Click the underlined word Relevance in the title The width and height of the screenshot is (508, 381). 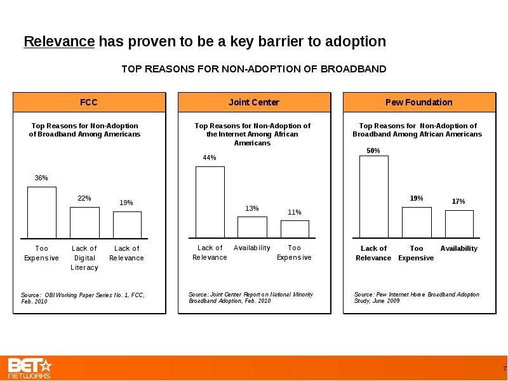pyautogui.click(x=59, y=41)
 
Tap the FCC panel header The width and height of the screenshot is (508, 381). pyautogui.click(x=90, y=102)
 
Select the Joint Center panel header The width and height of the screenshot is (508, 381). pyautogui.click(x=255, y=102)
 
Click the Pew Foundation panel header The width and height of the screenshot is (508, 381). pyautogui.click(x=419, y=102)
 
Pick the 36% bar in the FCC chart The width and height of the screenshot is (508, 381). pyautogui.click(x=42, y=213)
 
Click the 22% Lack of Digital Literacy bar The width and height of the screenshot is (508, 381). pyautogui.click(x=84, y=223)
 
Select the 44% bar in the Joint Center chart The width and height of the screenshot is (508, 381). pyautogui.click(x=210, y=202)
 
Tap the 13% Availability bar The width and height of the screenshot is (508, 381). pyautogui.click(x=252, y=227)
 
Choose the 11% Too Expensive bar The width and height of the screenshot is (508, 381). pyautogui.click(x=295, y=229)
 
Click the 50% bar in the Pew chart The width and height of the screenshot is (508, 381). pyautogui.click(x=374, y=197)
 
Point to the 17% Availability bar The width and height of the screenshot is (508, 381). pyautogui.click(x=459, y=224)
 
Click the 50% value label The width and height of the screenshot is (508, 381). pyautogui.click(x=373, y=150)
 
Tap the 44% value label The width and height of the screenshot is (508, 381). pyautogui.click(x=210, y=157)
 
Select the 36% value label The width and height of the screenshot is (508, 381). pyautogui.click(x=41, y=178)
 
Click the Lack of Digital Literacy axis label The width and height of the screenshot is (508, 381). pyautogui.click(x=84, y=258)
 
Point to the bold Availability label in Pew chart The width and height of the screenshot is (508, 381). pyautogui.click(x=458, y=248)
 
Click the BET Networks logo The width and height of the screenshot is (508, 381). pyautogui.click(x=30, y=368)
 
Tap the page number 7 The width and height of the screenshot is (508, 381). pyautogui.click(x=505, y=369)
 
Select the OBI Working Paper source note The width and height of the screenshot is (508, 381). pyautogui.click(x=83, y=298)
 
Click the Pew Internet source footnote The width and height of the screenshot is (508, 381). pyautogui.click(x=417, y=297)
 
